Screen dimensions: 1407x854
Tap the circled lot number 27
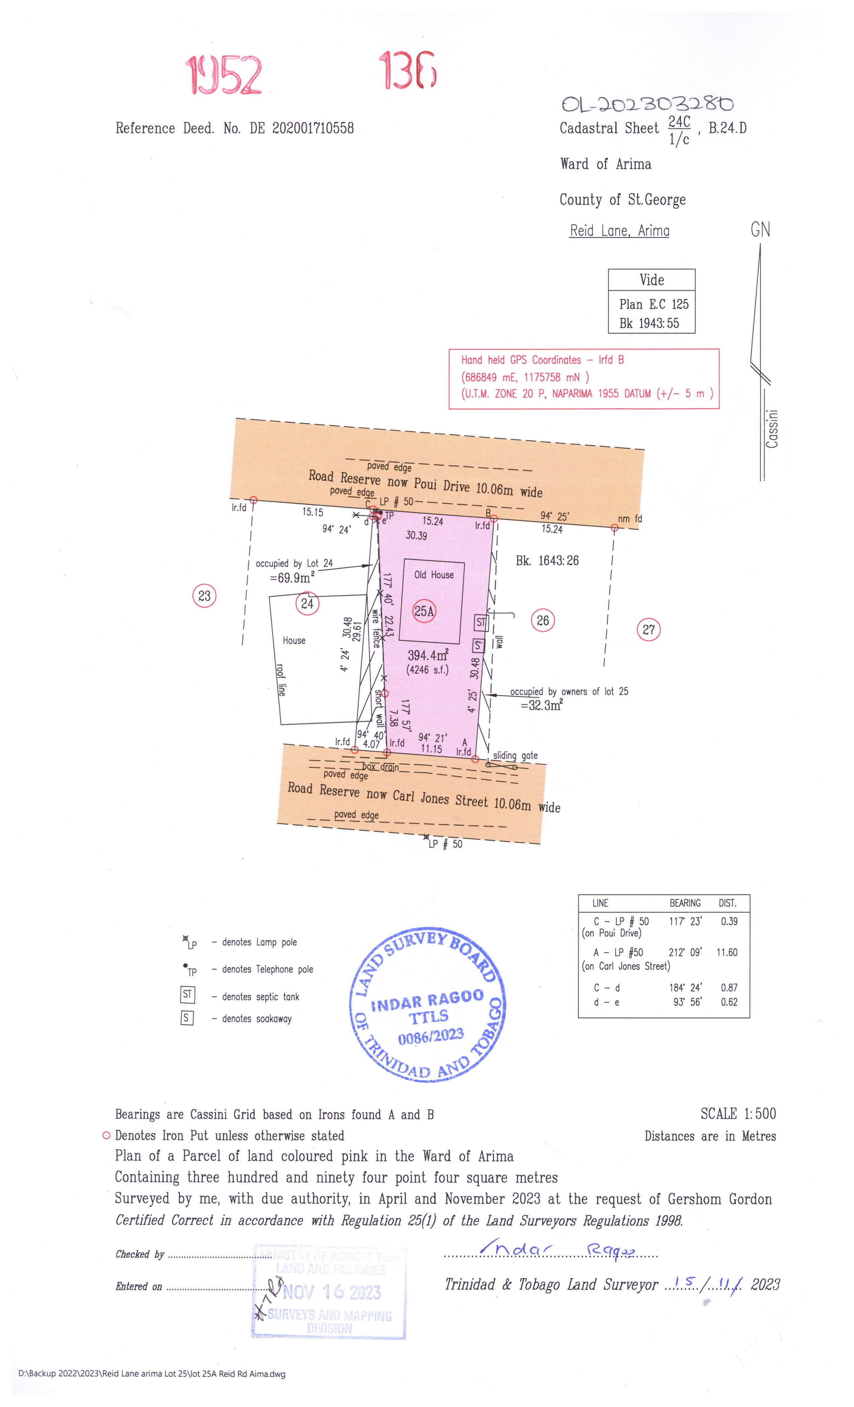648,630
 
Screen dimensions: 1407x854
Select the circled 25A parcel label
424,612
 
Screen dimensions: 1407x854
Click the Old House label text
434,575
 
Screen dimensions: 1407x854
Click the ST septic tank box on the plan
481,622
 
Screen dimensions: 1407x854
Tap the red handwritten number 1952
224,75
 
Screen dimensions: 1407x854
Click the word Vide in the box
651,280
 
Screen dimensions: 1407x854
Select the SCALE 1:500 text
738,1114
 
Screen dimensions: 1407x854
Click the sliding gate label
515,755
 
